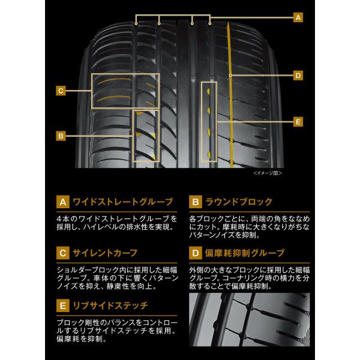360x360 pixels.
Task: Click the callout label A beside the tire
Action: [x=298, y=17]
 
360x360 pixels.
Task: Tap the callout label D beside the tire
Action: [x=298, y=76]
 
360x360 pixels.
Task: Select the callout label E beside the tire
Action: [x=298, y=122]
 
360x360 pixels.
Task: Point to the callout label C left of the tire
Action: [x=61, y=91]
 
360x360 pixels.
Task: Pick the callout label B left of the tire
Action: [x=61, y=136]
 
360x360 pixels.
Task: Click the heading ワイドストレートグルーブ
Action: [x=123, y=202]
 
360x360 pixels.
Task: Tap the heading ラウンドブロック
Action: [x=239, y=202]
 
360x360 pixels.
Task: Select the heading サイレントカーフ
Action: [x=105, y=253]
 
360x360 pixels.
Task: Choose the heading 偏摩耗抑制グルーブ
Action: [x=245, y=253]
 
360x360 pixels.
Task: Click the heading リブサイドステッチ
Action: [x=110, y=305]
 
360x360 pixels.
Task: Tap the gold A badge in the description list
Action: [x=63, y=202]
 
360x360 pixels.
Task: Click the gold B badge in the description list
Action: [x=196, y=202]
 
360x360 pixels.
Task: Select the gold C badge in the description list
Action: [x=63, y=253]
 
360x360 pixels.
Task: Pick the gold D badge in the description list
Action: [x=196, y=253]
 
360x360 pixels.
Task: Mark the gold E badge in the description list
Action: [x=63, y=305]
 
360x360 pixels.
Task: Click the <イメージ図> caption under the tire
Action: [x=268, y=173]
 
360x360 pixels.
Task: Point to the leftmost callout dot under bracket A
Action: [x=136, y=23]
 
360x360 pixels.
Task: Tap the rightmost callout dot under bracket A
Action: [x=210, y=23]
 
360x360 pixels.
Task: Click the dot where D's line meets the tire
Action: [x=230, y=76]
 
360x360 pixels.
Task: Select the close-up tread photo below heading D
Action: [x=250, y=319]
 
